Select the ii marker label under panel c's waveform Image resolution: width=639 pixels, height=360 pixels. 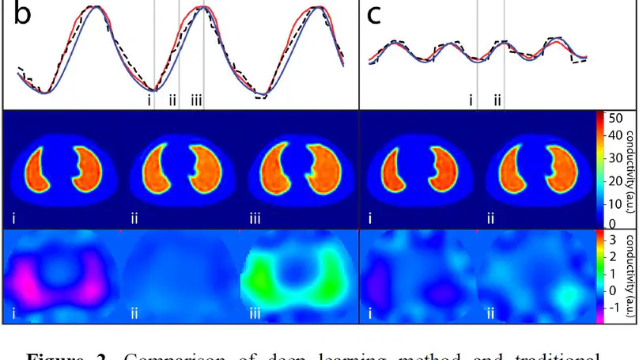pyautogui.click(x=497, y=100)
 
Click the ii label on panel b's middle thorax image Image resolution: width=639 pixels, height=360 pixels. pyautogui.click(x=134, y=218)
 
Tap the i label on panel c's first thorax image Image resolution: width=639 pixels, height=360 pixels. pyautogui.click(x=371, y=218)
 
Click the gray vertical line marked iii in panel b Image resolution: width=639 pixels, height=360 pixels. pyautogui.click(x=203, y=47)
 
